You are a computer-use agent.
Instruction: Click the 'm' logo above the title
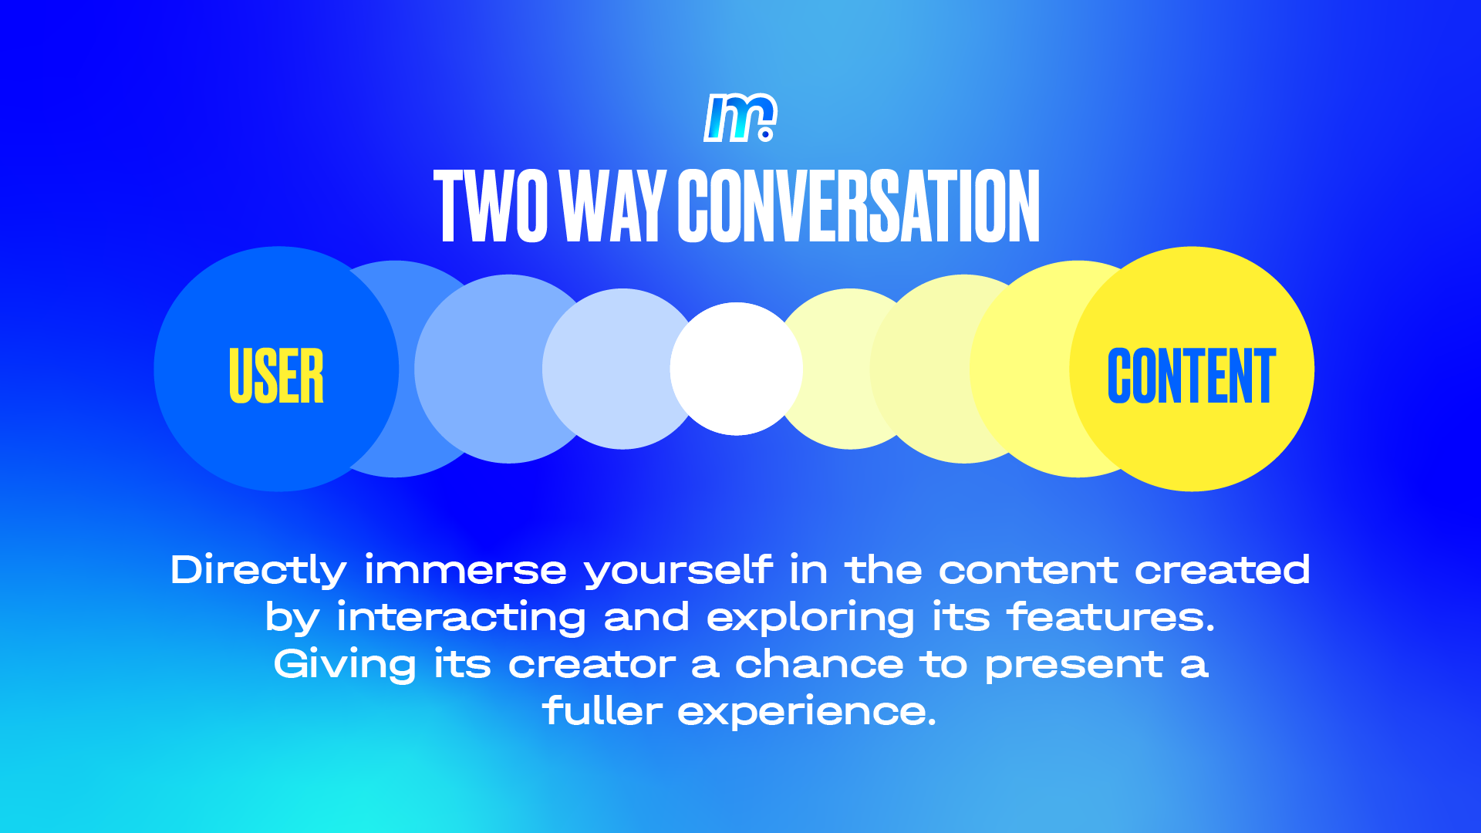pyautogui.click(x=740, y=118)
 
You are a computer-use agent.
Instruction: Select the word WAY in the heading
pyautogui.click(x=613, y=206)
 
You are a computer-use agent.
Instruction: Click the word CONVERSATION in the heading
pyautogui.click(x=859, y=206)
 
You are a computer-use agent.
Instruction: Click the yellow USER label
pyautogui.click(x=276, y=376)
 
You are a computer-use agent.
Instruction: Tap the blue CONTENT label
pyautogui.click(x=1192, y=376)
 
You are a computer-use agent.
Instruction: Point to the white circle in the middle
pyautogui.click(x=736, y=369)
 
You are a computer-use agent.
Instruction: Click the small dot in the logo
pyautogui.click(x=766, y=134)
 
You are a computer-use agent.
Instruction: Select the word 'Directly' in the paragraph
pyautogui.click(x=258, y=572)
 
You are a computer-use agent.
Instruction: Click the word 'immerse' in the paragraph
pyautogui.click(x=465, y=571)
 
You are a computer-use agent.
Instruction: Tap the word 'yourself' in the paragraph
pyautogui.click(x=678, y=572)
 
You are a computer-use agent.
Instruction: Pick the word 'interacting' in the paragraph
pyautogui.click(x=461, y=619)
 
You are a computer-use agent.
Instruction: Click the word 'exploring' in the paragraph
pyautogui.click(x=810, y=619)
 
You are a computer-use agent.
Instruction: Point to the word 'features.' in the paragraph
pyautogui.click(x=1111, y=617)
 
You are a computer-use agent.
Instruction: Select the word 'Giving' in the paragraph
pyautogui.click(x=345, y=666)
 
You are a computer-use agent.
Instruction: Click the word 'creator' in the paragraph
pyautogui.click(x=592, y=665)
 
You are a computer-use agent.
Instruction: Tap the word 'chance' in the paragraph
pyautogui.click(x=818, y=664)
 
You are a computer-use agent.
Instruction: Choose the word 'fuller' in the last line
pyautogui.click(x=602, y=710)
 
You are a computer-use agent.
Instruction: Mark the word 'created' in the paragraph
pyautogui.click(x=1222, y=570)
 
